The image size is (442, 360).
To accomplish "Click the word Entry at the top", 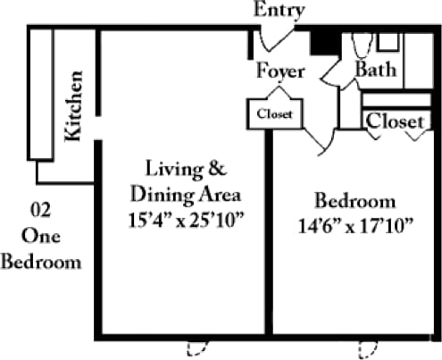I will coord(279,11).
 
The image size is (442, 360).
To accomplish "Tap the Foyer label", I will coord(279,71).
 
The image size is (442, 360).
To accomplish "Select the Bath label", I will coord(376,68).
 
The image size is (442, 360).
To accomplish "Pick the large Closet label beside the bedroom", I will coord(394,120).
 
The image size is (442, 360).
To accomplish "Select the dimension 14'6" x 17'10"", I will coord(355,225).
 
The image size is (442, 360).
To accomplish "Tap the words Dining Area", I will coord(186,192).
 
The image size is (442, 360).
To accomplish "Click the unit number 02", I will coord(40,212).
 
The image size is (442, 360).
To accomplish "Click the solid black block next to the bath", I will coord(321,41).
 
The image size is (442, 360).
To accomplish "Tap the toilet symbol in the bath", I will coord(360,45).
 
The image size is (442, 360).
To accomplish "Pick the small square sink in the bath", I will coord(388,41).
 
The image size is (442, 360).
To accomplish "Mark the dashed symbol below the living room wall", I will coord(196,347).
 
